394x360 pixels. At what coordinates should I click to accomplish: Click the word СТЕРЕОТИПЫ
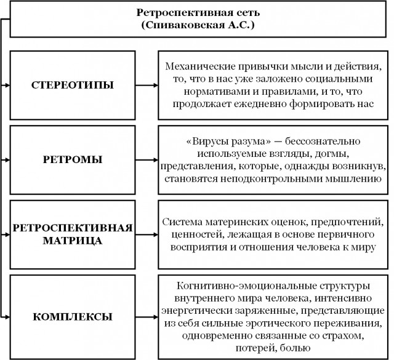73,85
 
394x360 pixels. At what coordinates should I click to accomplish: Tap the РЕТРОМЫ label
73,160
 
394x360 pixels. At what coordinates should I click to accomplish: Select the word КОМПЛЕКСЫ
73,317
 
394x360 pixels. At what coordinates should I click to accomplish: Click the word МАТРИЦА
73,241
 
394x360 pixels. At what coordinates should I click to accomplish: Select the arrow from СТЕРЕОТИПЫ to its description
147,86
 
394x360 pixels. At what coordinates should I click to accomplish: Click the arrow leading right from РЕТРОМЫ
147,160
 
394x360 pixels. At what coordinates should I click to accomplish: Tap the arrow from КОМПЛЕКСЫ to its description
147,317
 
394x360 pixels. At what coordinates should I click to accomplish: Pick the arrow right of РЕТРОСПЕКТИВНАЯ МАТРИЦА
147,234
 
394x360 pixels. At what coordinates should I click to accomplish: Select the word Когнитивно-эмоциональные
244,286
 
